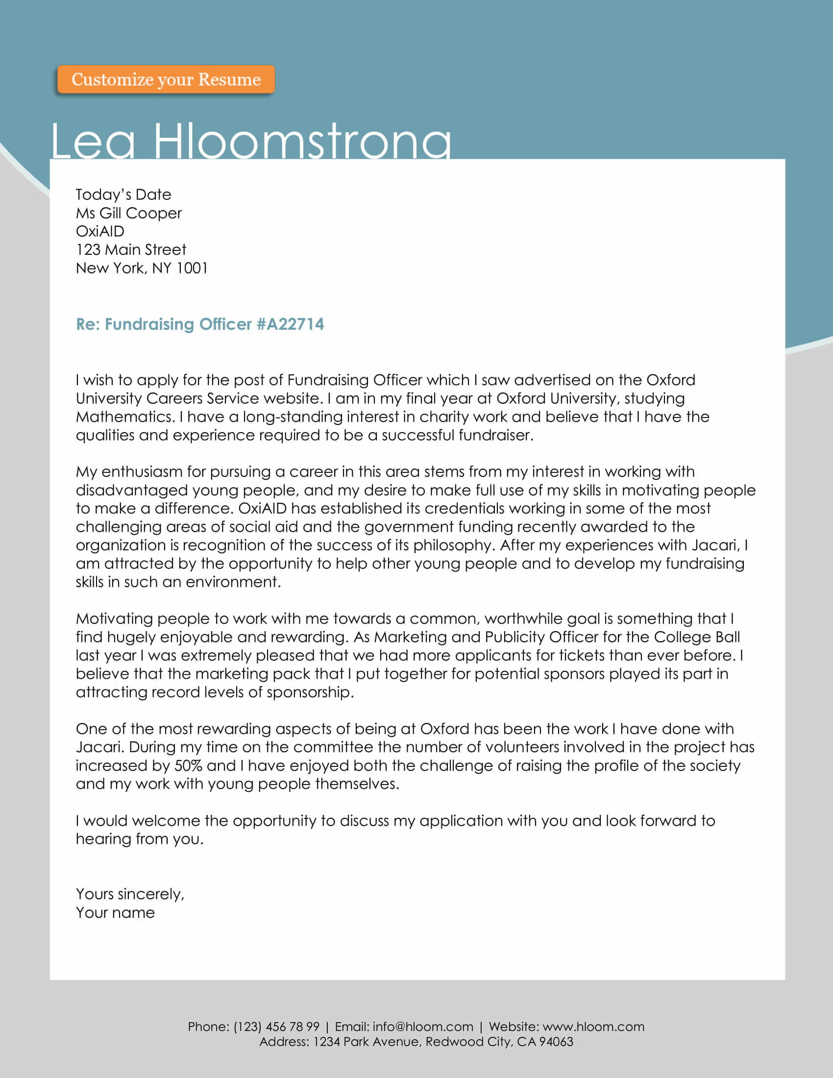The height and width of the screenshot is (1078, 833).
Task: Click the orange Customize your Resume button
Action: tap(166, 79)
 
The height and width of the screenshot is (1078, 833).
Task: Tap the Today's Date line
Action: tap(123, 195)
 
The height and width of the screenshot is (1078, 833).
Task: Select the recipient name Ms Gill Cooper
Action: tap(129, 213)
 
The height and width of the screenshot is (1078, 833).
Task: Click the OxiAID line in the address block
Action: tap(100, 231)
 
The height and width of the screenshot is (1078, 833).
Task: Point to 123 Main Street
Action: tap(131, 250)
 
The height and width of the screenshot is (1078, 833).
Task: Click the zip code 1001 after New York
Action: tap(192, 268)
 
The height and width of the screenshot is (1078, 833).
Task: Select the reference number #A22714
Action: tap(290, 324)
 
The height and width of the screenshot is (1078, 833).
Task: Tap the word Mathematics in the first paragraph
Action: tap(123, 417)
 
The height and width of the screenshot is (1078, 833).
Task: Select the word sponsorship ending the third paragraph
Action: tap(309, 692)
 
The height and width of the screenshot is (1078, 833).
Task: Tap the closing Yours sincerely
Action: tap(130, 894)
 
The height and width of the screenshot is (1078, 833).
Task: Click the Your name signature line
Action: tap(116, 913)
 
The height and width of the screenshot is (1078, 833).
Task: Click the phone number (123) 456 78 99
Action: tap(276, 1027)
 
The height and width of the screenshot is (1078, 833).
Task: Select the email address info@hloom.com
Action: tap(422, 1027)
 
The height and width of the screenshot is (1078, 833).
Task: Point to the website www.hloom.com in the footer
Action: tap(593, 1027)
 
